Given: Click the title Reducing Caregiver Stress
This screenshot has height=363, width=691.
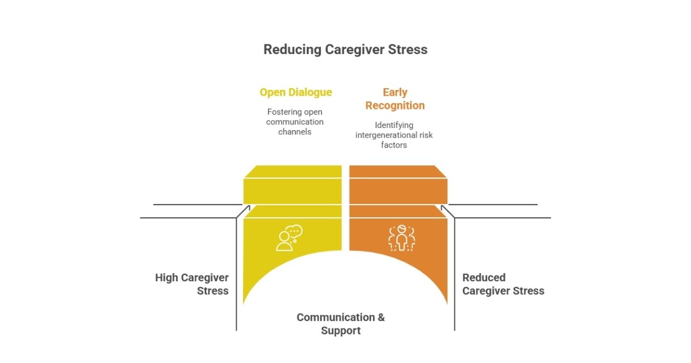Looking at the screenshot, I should coord(345,50).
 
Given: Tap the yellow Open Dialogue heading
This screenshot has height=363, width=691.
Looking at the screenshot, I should coord(295,92).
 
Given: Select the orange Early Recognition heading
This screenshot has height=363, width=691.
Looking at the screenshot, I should coord(395,99).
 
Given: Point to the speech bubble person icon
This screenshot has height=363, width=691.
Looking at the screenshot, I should coord(289,237).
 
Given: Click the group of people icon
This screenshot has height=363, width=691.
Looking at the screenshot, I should coord(401,237).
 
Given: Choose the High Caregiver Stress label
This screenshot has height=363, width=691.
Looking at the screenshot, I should coord(192,284).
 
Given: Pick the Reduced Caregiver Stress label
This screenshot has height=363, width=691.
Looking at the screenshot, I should coord(503,284).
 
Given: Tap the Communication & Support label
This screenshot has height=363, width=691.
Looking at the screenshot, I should coord(340,324).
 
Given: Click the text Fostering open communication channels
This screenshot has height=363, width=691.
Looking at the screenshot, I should coord(295,122).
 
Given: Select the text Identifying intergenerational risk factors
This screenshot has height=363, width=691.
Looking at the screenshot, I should coord(394,135).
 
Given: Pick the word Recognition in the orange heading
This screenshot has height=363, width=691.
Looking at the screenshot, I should coord(395,105).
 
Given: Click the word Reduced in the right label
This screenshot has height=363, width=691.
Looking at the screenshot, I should coord(484,278).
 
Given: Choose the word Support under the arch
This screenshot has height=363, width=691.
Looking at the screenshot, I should coord(341,331).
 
